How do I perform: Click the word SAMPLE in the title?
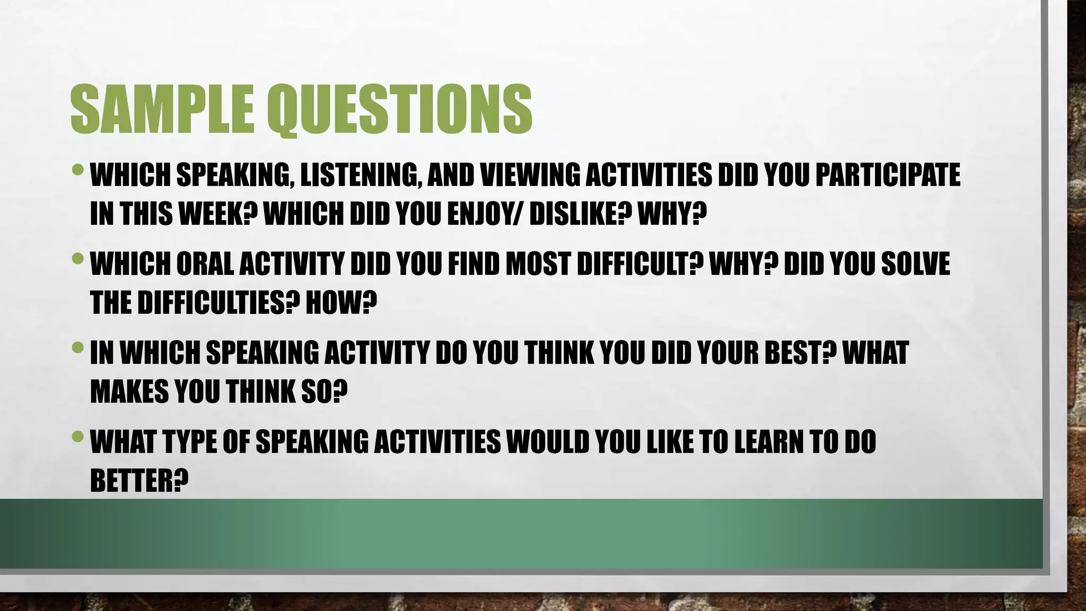(x=162, y=110)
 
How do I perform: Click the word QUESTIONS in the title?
(x=399, y=110)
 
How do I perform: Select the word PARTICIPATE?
(x=887, y=176)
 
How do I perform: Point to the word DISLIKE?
(x=580, y=214)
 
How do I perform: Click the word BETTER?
(x=139, y=480)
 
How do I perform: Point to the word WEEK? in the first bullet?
(x=218, y=214)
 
